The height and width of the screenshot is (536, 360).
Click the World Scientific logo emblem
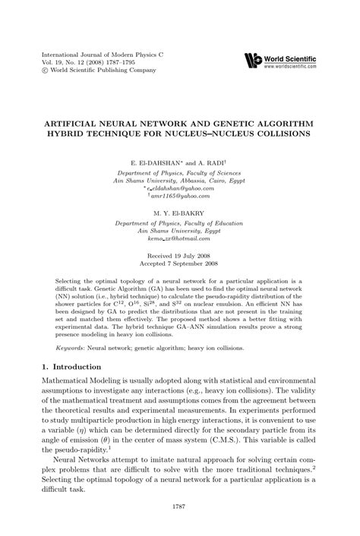(x=253, y=59)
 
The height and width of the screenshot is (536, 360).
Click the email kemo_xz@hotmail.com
(x=180, y=217)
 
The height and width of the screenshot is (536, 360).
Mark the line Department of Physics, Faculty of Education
(x=180, y=201)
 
